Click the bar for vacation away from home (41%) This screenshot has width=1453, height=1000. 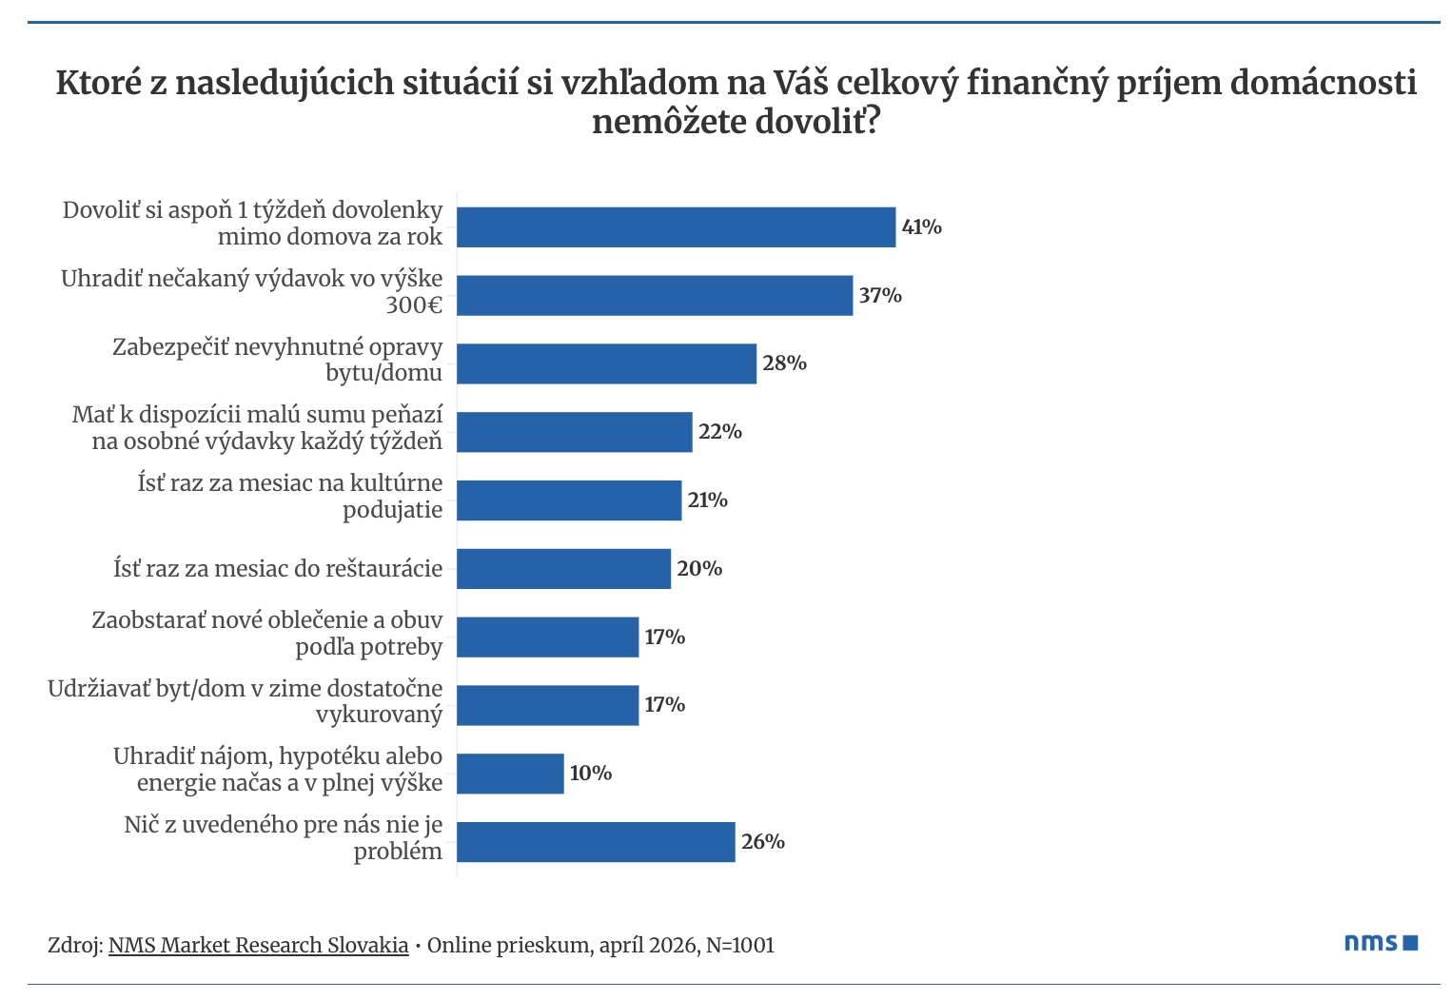click(676, 227)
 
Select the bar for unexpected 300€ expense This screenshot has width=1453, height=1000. click(655, 296)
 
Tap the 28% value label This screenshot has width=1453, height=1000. click(784, 363)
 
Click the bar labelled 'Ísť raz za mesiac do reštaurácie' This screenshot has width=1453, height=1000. click(563, 569)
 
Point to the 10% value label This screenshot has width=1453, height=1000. click(590, 774)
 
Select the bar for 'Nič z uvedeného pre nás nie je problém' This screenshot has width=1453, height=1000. click(596, 842)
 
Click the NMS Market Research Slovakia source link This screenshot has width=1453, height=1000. click(258, 946)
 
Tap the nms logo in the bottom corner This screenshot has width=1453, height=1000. click(1381, 943)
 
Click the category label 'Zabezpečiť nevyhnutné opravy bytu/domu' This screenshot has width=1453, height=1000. click(278, 360)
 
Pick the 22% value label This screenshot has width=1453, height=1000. click(719, 432)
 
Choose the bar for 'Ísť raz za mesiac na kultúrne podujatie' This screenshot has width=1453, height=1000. click(569, 500)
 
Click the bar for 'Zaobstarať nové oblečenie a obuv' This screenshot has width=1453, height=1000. click(547, 637)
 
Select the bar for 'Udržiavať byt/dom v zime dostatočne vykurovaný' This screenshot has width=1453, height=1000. click(547, 705)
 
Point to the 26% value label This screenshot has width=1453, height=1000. click(762, 842)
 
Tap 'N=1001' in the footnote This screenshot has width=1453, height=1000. click(740, 946)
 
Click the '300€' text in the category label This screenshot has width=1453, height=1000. click(414, 305)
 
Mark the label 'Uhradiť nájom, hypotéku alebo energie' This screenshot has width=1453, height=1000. click(278, 770)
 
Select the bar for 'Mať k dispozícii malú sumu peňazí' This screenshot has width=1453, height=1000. click(574, 432)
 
